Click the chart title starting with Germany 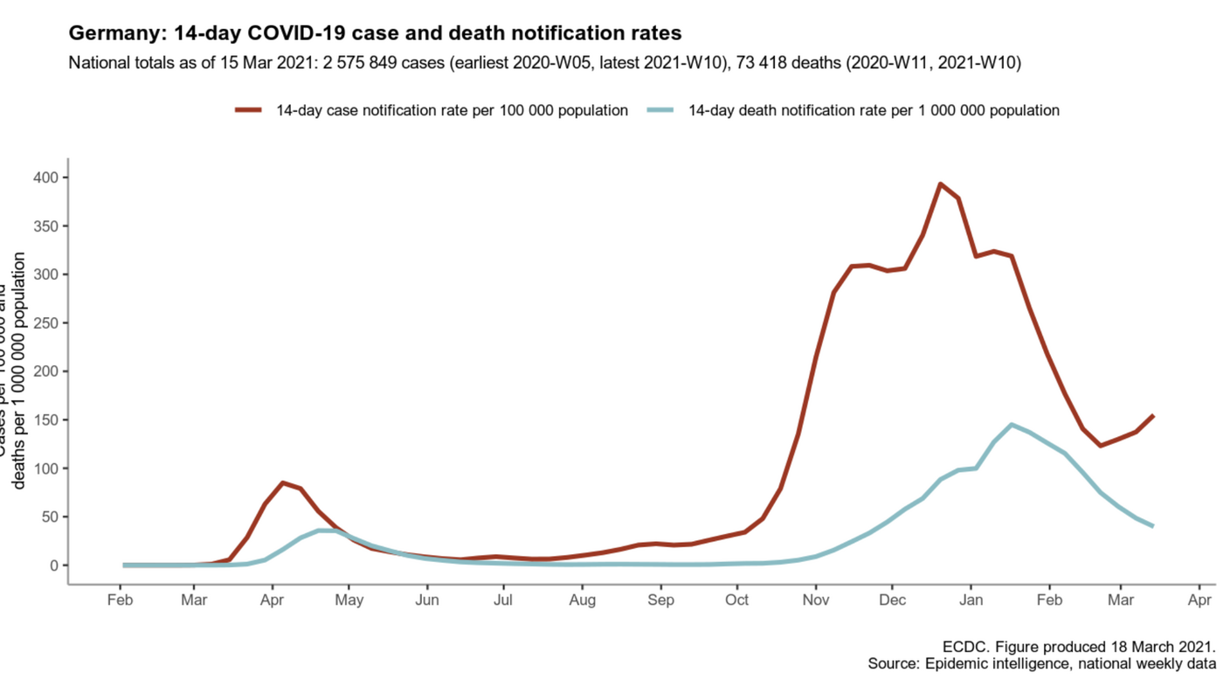pos(375,33)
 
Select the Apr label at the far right pos(1199,600)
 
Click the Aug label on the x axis pos(582,600)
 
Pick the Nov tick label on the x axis pos(815,600)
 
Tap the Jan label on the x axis pos(971,600)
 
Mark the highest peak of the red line pos(940,184)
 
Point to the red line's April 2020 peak pos(283,482)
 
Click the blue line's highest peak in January pos(1011,425)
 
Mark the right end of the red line pos(1153,416)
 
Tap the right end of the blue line pos(1153,526)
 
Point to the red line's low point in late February pos(1101,446)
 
